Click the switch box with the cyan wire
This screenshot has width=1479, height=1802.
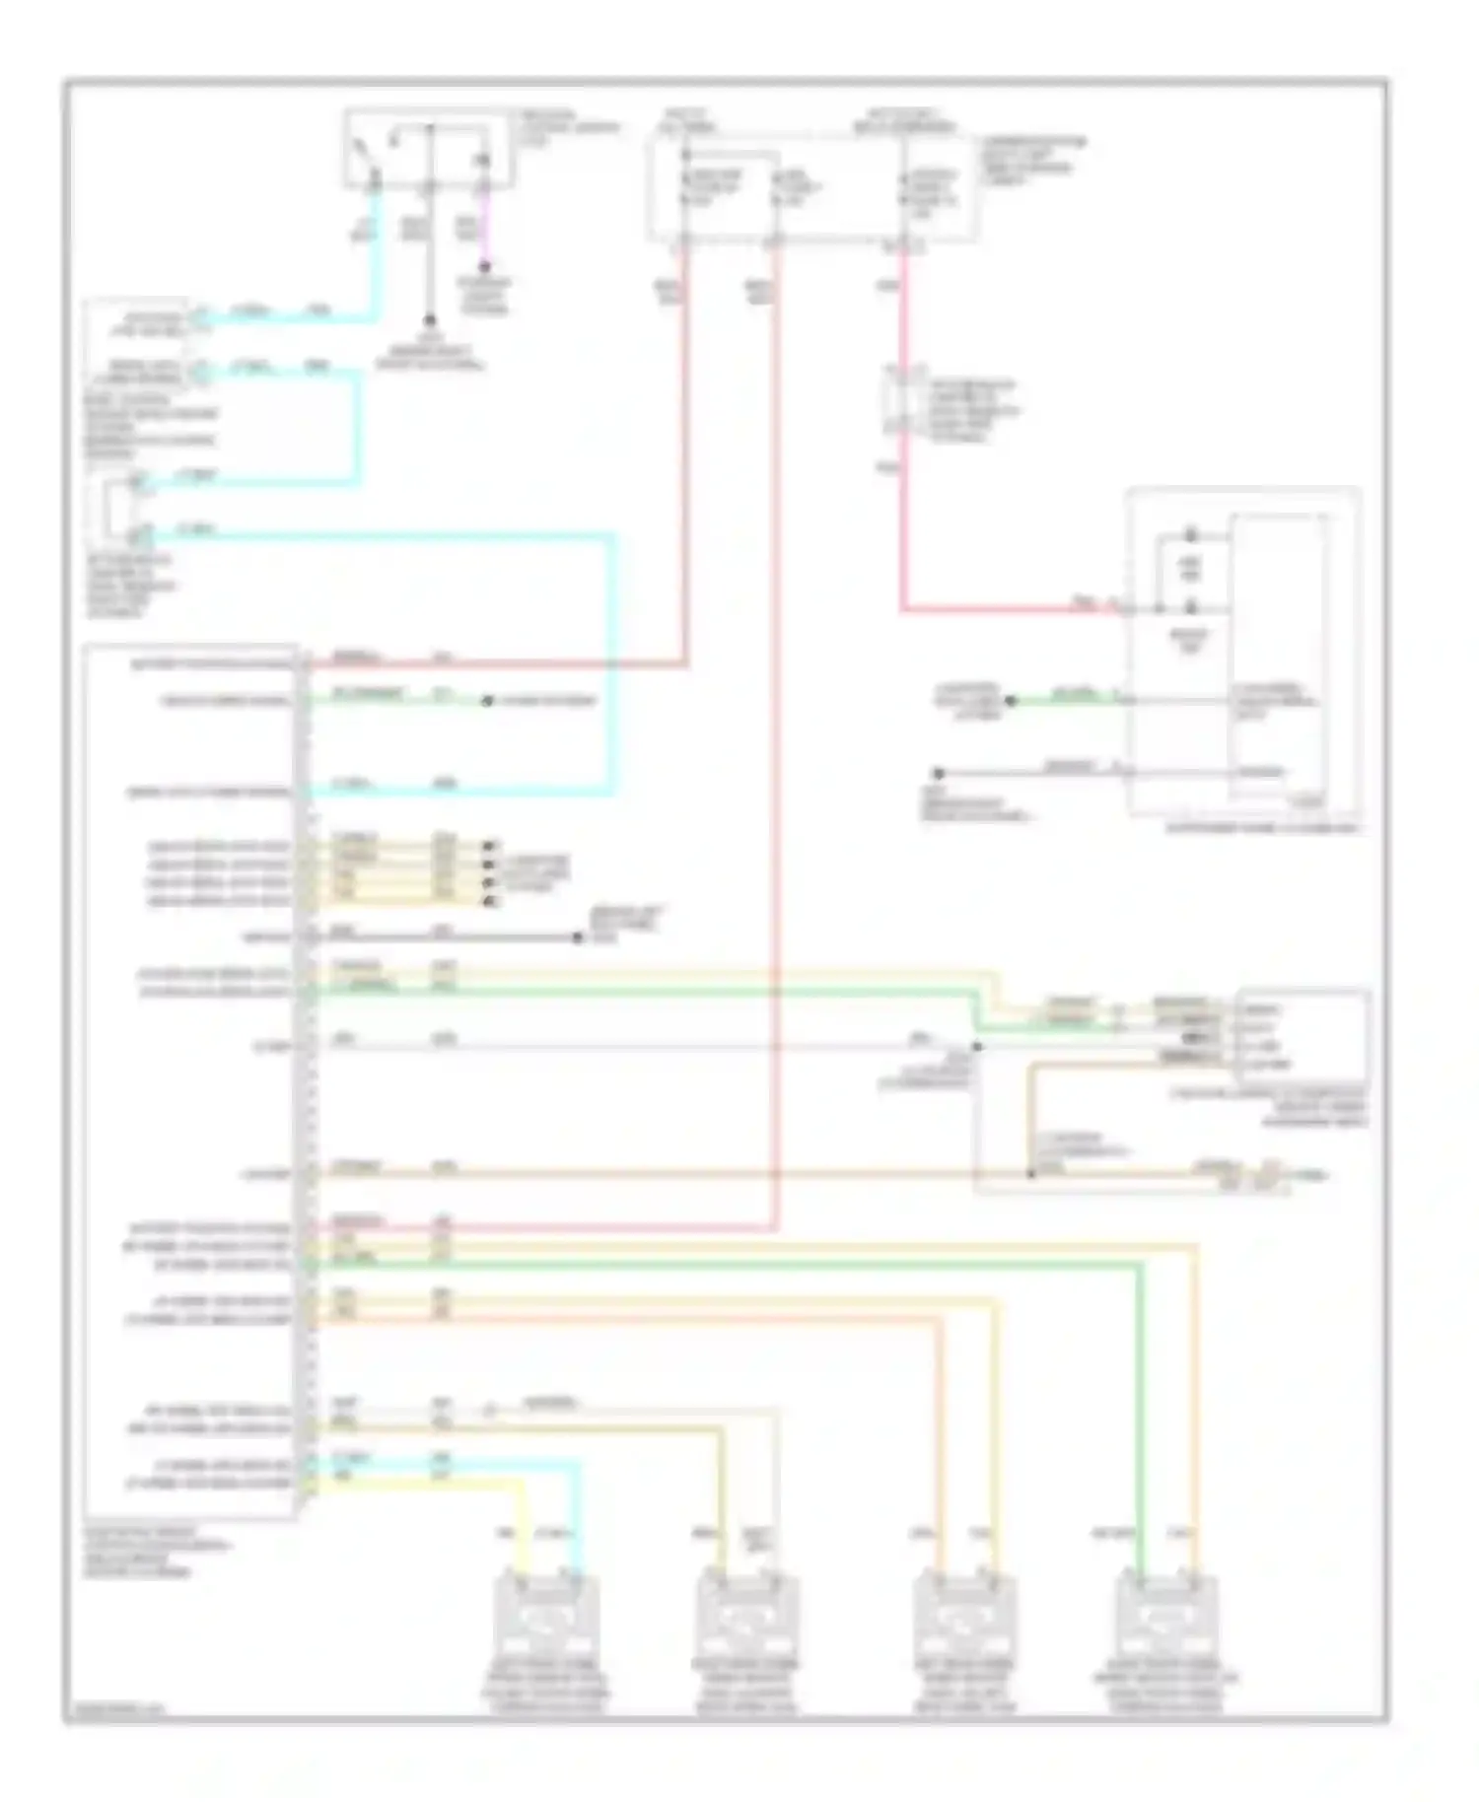(428, 148)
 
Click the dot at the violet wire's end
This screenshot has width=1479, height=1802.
(484, 265)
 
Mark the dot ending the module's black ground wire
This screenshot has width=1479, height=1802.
(579, 936)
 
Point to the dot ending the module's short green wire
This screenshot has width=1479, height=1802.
(486, 701)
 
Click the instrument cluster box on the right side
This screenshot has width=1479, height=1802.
(1242, 656)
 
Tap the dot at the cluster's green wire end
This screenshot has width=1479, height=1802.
(1010, 701)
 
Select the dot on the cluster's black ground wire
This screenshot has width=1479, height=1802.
(939, 773)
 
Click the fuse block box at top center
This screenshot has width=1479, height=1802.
(813, 187)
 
